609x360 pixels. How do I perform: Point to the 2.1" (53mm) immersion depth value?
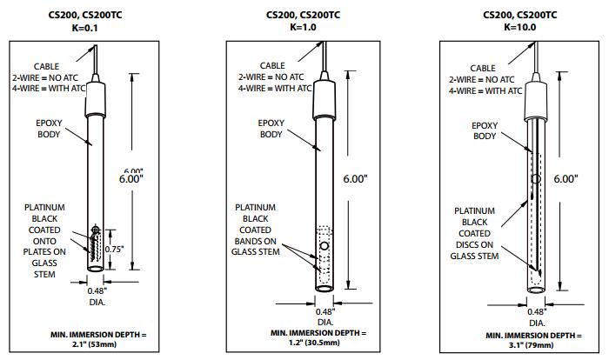(97, 343)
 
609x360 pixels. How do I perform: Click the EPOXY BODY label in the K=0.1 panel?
(50, 129)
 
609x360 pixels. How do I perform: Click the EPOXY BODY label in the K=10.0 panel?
(484, 130)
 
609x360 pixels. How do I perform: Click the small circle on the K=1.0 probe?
(325, 246)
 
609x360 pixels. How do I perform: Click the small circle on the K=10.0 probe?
(535, 178)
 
